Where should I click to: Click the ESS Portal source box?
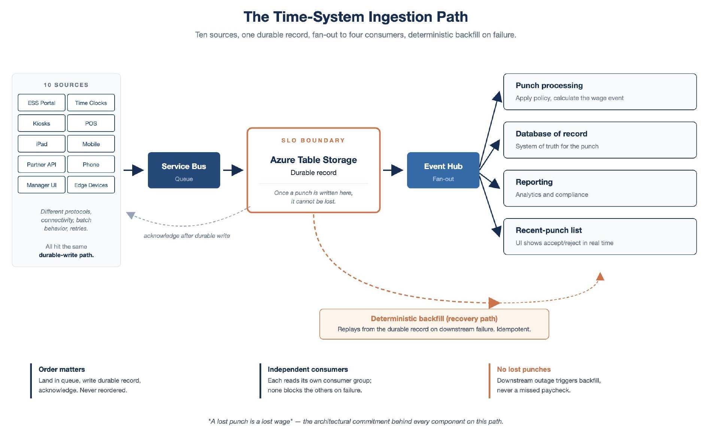pos(42,103)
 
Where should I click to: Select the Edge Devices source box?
pos(91,185)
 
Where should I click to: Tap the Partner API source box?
pos(42,164)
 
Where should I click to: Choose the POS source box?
pos(91,123)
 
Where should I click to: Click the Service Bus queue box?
pos(184,170)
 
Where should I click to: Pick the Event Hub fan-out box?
pos(443,170)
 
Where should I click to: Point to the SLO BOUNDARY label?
pos(313,141)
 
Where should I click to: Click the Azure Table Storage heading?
pos(313,160)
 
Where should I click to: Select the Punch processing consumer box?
pos(600,92)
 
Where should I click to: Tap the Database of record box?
pos(600,140)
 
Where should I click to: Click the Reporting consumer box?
pos(600,188)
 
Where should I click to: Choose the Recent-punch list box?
pos(600,236)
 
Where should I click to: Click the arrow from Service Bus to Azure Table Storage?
pos(233,170)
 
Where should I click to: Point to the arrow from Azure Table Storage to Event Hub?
pos(393,170)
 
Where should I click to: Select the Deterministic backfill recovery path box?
pos(434,324)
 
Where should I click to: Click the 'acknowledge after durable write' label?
pos(187,236)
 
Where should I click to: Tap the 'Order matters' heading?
pos(62,369)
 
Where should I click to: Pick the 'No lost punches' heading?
pos(524,369)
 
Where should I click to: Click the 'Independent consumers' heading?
pos(308,369)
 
